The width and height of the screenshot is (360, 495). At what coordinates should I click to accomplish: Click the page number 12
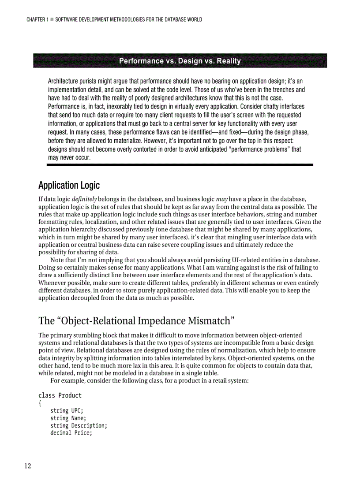coord(27,467)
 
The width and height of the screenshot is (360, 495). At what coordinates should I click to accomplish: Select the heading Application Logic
coord(69,185)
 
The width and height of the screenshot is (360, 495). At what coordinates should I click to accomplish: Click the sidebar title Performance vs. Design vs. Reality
coord(180,61)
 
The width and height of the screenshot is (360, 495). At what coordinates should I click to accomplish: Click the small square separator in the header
coord(52,19)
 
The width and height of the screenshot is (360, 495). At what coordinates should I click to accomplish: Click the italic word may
coord(222,199)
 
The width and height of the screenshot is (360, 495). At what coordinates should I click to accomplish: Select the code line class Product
coord(60,395)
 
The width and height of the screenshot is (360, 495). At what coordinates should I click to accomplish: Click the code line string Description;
coord(79,425)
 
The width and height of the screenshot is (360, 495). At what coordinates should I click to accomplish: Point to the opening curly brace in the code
coord(40,403)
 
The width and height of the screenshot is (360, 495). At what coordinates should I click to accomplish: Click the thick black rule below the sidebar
coord(180,164)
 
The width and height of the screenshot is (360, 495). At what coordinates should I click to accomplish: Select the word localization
coord(100,222)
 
